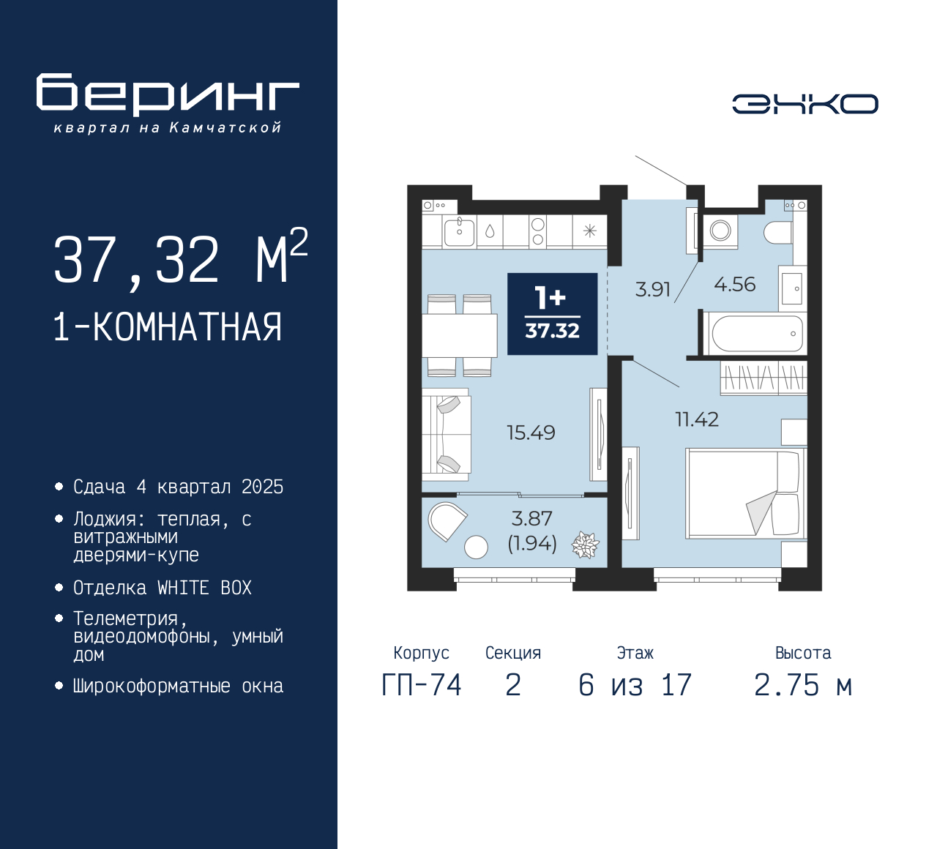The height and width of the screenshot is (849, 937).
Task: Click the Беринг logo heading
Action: tap(168, 94)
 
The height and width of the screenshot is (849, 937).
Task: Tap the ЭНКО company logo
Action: tap(805, 104)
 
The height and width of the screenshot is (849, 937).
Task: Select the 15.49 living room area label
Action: tap(531, 433)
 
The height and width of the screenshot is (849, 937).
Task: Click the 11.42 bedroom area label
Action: tap(696, 419)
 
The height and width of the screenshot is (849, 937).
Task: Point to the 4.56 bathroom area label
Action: tap(734, 285)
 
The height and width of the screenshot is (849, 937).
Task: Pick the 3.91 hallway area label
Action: tap(652, 289)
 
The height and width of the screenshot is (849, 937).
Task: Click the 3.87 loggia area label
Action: tap(532, 519)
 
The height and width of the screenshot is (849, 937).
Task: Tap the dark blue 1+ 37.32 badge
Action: tap(552, 314)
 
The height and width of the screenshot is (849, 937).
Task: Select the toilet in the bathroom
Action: tap(777, 233)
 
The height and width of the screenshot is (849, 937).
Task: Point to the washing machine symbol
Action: tap(720, 231)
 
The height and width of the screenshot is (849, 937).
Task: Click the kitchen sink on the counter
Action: tap(459, 231)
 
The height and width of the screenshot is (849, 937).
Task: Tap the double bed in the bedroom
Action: tap(744, 493)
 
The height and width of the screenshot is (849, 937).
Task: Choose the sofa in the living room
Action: tap(446, 434)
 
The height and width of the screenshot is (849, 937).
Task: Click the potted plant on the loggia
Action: tap(585, 545)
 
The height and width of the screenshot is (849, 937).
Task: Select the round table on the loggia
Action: tap(476, 547)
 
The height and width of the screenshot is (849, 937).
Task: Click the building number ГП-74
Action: tap(422, 685)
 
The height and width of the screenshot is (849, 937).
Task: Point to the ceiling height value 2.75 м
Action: tap(803, 685)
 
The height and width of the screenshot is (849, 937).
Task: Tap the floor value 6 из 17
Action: tap(635, 685)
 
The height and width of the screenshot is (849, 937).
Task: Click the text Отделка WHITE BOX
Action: tap(162, 588)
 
